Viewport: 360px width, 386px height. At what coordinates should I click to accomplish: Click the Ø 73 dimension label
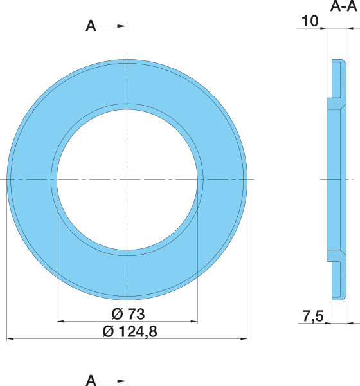pos(128,314)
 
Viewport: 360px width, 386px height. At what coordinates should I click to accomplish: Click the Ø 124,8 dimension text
pos(130,331)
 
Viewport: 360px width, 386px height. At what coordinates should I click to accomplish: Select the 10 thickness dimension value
pos(310,21)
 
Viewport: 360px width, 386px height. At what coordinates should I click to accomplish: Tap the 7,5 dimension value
pos(313,317)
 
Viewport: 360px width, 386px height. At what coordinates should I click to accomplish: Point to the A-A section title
pos(343,6)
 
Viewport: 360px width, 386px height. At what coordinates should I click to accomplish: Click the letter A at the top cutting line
pos(91,26)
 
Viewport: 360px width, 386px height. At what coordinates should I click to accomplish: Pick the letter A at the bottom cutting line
pos(91,381)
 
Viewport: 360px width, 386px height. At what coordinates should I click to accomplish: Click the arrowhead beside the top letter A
pos(122,26)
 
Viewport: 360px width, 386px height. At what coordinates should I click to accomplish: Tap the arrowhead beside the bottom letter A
pos(122,381)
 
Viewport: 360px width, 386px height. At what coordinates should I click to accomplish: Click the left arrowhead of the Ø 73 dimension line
pos(61,321)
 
